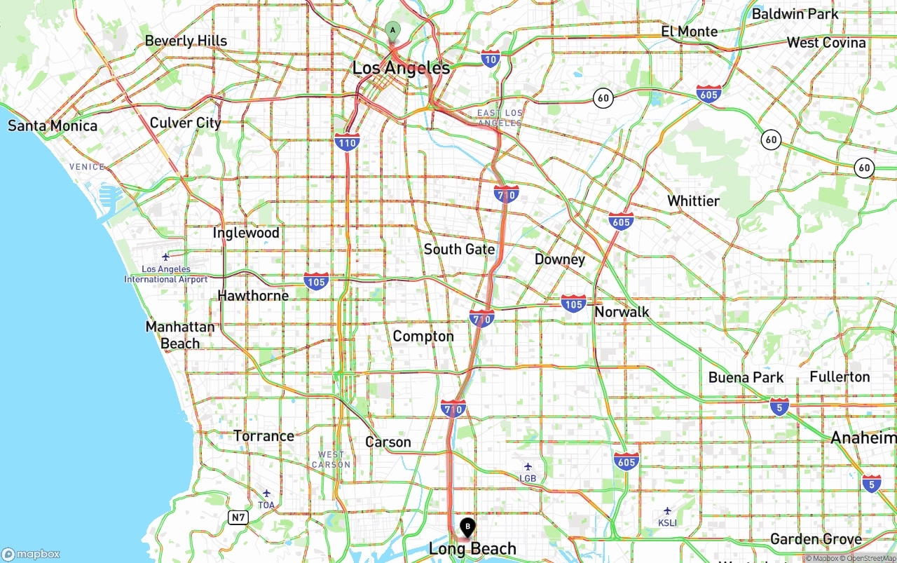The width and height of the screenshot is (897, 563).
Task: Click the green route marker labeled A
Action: [392, 30]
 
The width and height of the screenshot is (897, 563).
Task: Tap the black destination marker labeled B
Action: [467, 527]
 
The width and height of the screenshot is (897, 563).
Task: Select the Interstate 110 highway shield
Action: [348, 142]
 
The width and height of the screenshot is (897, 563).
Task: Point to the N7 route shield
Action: [238, 517]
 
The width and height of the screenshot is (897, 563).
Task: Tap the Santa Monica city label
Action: [53, 126]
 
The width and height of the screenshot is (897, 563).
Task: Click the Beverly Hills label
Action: [186, 41]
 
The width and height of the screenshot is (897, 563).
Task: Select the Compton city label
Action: [423, 337]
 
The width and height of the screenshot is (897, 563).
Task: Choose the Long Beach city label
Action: [472, 548]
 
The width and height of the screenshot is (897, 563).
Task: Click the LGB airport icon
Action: [528, 466]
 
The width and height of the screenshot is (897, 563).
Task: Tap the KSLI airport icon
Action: [667, 510]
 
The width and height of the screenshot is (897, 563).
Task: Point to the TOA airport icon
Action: [266, 493]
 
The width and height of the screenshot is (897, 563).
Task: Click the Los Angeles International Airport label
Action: [166, 274]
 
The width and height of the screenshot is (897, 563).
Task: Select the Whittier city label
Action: [693, 201]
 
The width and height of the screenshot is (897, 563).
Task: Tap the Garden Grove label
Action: [816, 539]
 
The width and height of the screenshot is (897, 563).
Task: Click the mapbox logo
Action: [31, 553]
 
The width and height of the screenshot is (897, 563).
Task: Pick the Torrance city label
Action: [263, 436]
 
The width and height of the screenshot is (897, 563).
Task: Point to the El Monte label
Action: [690, 32]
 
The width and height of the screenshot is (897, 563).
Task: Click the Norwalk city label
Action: [622, 312]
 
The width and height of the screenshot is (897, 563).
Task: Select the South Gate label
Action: [459, 250]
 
